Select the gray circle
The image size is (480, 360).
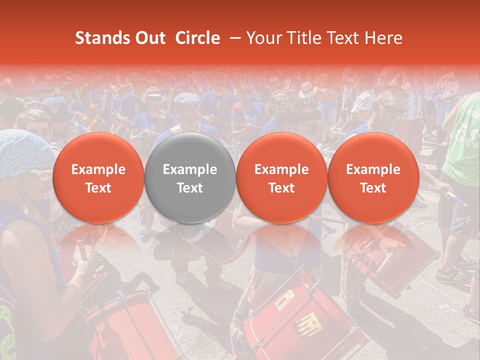[x=190, y=178]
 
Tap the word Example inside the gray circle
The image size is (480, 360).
[x=190, y=169]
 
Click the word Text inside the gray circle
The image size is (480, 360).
[x=190, y=188]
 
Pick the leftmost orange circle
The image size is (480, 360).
[x=98, y=178]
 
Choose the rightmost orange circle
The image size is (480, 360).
[x=373, y=178]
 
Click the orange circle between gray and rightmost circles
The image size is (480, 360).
[x=281, y=178]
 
